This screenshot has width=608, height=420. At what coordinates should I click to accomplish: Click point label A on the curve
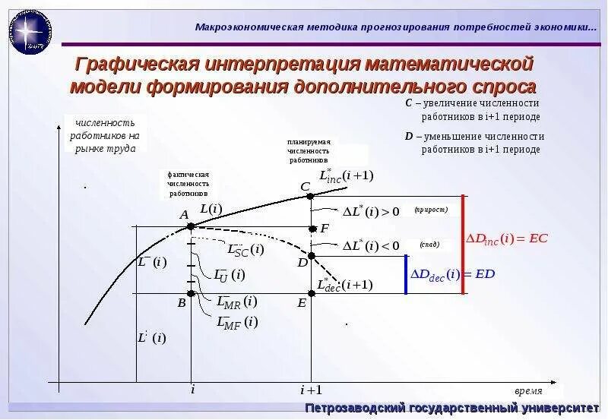[184, 215]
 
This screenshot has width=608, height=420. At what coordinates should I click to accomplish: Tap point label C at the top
[305, 187]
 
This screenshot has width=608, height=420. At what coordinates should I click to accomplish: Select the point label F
[325, 228]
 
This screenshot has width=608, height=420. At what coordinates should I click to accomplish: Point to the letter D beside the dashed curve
[302, 263]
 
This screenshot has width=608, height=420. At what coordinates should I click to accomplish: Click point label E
[302, 303]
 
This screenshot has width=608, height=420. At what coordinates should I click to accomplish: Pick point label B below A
[182, 303]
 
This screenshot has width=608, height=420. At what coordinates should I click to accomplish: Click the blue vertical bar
[406, 275]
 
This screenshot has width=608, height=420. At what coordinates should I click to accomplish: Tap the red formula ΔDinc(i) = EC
[506, 238]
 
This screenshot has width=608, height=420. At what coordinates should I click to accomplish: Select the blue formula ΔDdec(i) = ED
[452, 274]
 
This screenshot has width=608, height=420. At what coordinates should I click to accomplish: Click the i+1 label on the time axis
[311, 390]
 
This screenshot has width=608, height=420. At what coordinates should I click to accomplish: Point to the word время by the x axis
[528, 391]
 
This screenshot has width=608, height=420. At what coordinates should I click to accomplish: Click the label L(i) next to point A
[211, 208]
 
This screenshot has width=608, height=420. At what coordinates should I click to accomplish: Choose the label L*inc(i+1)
[346, 175]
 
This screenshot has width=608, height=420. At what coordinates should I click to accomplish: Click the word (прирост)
[431, 210]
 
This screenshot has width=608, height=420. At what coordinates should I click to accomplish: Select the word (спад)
[429, 245]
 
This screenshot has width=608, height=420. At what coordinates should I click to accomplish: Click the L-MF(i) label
[237, 322]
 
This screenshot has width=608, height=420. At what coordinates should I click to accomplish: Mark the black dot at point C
[312, 196]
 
